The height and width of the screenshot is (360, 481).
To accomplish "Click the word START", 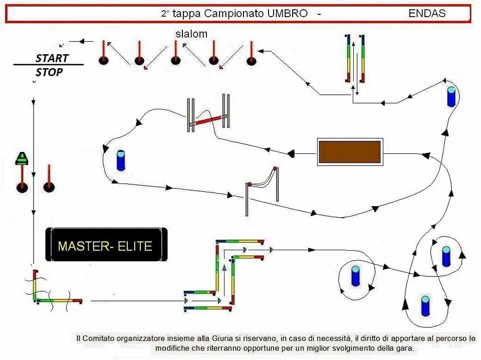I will tap(52, 58).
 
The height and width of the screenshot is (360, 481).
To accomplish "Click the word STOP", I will tap(49, 72).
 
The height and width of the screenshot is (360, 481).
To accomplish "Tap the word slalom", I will tap(191, 34).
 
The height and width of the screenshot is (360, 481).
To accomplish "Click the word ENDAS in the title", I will tap(427, 14).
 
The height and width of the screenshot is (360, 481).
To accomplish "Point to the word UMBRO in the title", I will tap(287, 14).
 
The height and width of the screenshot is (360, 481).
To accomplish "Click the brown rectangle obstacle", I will tap(350, 151).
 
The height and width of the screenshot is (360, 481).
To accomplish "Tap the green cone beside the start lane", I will tap(22, 158).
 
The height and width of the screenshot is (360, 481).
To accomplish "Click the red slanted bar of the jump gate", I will tap(208, 121).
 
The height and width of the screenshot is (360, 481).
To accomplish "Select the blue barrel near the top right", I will tap(451, 97).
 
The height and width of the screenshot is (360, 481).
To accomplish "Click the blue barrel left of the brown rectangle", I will tap(120, 160).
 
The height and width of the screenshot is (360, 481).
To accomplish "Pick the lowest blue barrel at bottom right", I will tap(425, 306).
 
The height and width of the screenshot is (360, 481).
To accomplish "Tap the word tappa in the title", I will tap(187, 14).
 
